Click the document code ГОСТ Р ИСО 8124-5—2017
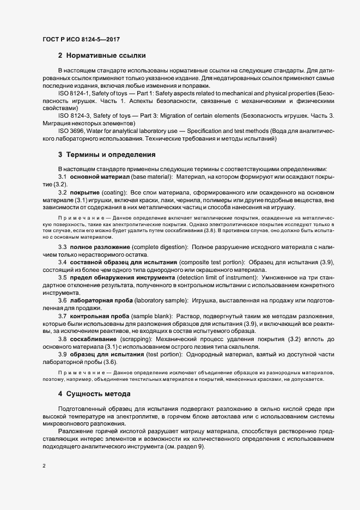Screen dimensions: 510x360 pyautogui.click(x=81, y=39)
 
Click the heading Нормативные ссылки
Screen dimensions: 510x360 pyautogui.click(x=106, y=56)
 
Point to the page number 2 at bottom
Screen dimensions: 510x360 pyautogui.click(x=44, y=466)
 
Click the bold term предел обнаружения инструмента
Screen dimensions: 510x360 pyautogui.click(x=122, y=278)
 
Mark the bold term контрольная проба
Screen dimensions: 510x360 pyautogui.click(x=99, y=316)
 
